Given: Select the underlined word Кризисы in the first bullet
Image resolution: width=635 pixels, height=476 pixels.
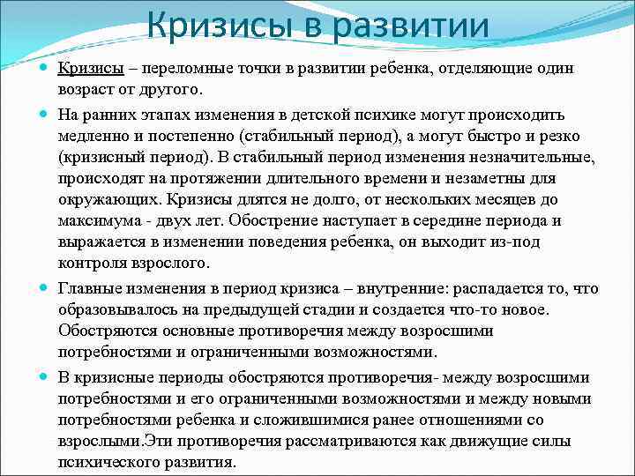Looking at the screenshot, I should coord(92,69).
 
